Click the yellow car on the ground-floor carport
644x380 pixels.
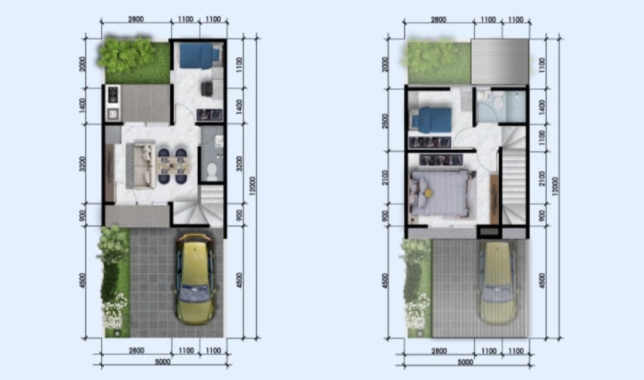tap(196, 280)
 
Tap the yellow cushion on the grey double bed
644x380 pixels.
tap(428, 192)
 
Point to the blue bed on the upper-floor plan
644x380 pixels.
tap(431, 120)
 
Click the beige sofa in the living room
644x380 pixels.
tap(141, 165)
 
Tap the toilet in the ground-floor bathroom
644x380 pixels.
tap(212, 172)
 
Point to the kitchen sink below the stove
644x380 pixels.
tap(113, 114)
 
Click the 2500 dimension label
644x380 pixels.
tap(385, 121)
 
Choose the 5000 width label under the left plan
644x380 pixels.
tap(163, 362)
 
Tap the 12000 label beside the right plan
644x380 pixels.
tap(555, 187)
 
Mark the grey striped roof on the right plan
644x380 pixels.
tap(499, 62)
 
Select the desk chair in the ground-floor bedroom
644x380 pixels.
tap(206, 89)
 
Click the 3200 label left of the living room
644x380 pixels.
tap(82, 163)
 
